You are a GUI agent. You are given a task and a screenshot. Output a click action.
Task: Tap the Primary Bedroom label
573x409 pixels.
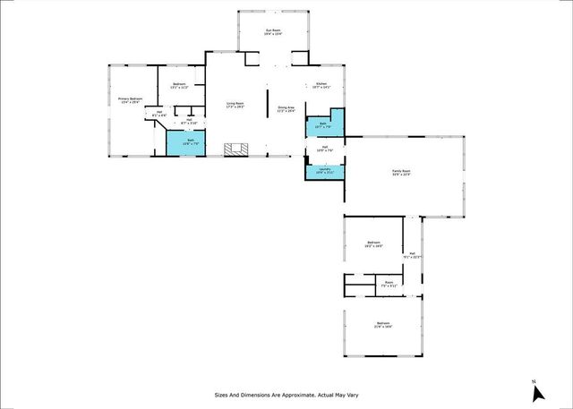coord(131,100)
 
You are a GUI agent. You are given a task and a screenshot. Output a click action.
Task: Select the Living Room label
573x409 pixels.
coord(235,105)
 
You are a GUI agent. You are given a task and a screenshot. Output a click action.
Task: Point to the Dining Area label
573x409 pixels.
coord(286,109)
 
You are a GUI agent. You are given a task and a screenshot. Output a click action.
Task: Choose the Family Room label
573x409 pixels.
coord(400,173)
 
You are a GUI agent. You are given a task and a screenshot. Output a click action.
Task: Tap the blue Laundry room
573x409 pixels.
coord(325,171)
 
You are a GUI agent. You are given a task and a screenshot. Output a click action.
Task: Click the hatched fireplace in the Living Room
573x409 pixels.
coord(236,149)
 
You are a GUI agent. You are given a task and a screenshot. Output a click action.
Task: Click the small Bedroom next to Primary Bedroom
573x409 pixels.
coord(179,87)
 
